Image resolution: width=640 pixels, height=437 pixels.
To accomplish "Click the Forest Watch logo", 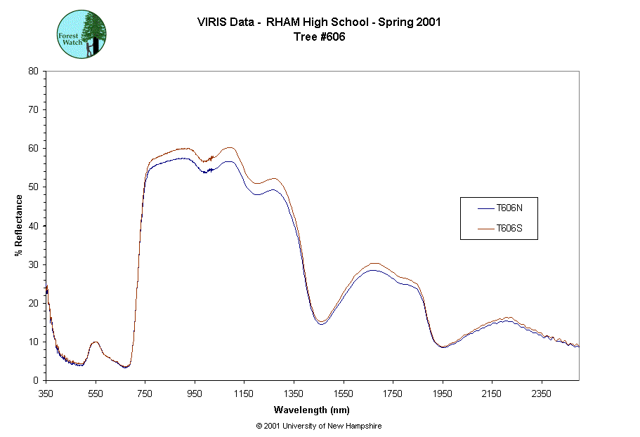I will [81, 34].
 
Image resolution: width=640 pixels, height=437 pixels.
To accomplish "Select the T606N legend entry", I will [509, 208].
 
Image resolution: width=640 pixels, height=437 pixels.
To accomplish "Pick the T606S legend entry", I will [509, 228].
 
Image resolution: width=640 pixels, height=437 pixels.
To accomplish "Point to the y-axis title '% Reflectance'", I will [19, 225].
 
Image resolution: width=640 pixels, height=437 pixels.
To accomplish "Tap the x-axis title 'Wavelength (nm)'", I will [312, 410].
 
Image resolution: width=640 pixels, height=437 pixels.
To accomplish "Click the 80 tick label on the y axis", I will [33, 71].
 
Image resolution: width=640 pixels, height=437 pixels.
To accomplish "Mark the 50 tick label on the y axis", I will [33, 187].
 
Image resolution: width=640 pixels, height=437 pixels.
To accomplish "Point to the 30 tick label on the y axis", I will [33, 264].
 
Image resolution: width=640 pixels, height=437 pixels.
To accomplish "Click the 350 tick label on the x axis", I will [46, 394].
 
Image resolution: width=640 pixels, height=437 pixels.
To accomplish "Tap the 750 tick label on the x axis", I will [145, 394].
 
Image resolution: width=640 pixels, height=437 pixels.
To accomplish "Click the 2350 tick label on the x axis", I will [541, 394].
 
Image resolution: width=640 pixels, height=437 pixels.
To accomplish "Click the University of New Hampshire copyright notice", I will [319, 426].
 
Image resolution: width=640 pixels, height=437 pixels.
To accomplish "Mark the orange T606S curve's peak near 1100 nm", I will [229, 147].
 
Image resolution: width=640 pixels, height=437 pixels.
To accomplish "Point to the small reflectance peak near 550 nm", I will [96, 342].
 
